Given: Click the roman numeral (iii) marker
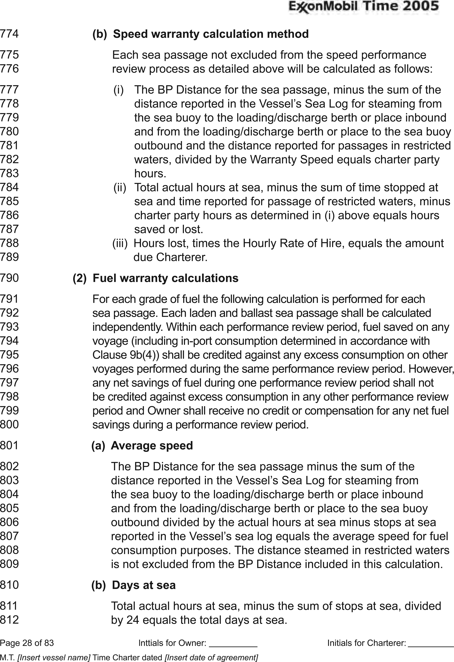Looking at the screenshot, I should [120, 243].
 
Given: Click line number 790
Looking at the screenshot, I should [9, 278].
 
